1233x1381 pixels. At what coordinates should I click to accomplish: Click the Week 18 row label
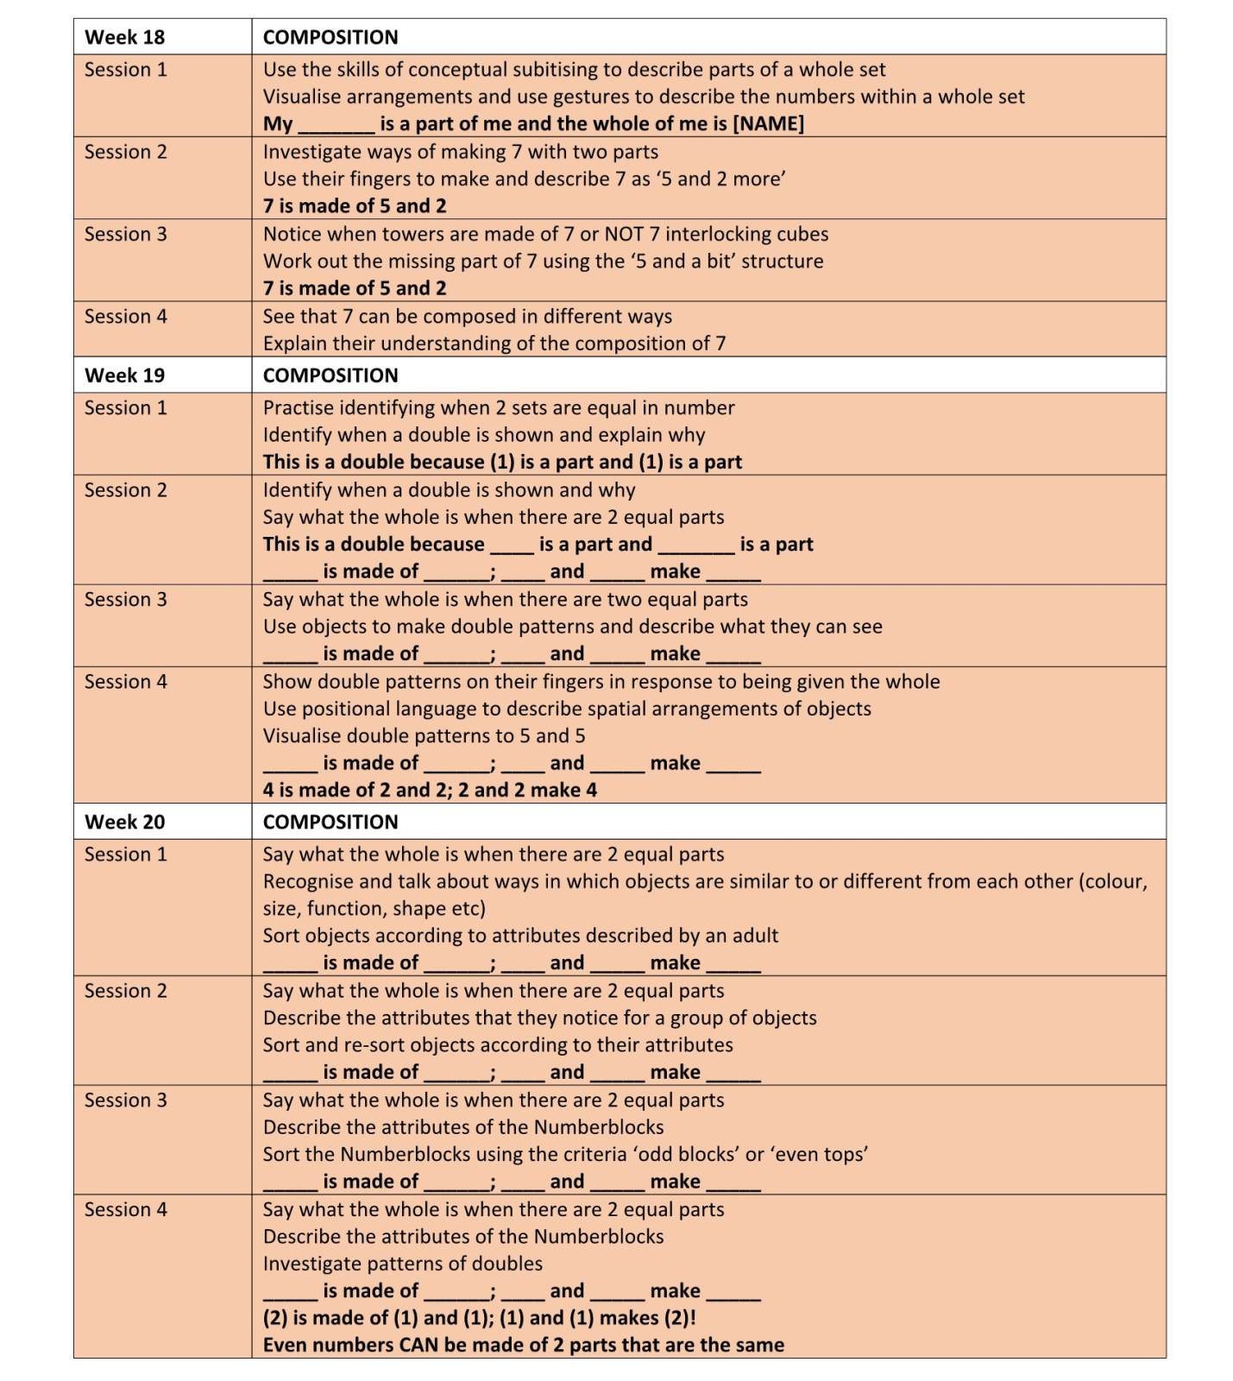(x=124, y=37)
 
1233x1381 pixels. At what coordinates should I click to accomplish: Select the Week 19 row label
(x=124, y=375)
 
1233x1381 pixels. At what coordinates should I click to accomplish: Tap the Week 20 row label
(x=124, y=822)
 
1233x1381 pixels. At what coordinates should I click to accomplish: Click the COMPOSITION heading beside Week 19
(x=330, y=375)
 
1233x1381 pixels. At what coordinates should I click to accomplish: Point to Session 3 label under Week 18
(x=126, y=234)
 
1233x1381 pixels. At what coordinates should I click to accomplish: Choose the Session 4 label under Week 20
(x=126, y=1209)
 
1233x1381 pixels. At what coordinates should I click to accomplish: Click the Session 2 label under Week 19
(x=126, y=489)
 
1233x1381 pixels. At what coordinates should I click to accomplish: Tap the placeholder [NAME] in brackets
(x=768, y=123)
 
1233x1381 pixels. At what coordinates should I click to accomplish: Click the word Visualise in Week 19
(x=302, y=735)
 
